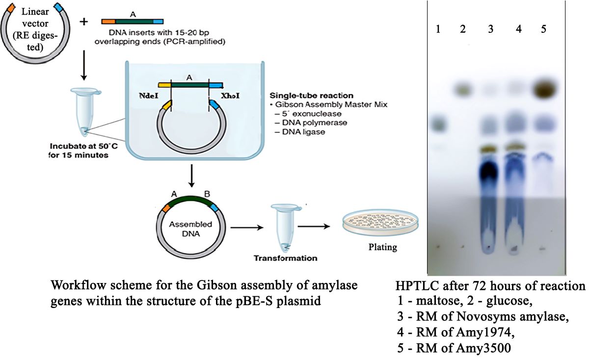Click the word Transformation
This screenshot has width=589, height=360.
[x=285, y=258]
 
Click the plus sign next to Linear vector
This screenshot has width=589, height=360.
[x=84, y=22]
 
